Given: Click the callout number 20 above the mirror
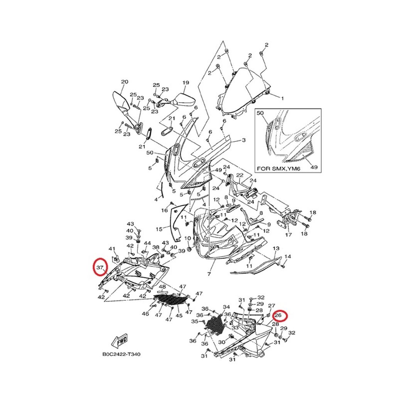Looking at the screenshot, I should point(124,82).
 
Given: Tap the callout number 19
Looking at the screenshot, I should point(186,83).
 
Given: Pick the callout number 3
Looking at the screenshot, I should point(243,140).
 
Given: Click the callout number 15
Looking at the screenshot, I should point(159,230).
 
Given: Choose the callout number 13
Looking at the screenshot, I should point(276,248).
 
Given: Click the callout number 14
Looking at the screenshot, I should point(288,257).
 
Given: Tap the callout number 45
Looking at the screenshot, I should point(179,316).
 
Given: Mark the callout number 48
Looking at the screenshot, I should point(162,287).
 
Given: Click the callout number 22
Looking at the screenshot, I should point(240,176).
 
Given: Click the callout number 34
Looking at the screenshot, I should point(226,307).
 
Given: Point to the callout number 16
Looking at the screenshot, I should point(165,210).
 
